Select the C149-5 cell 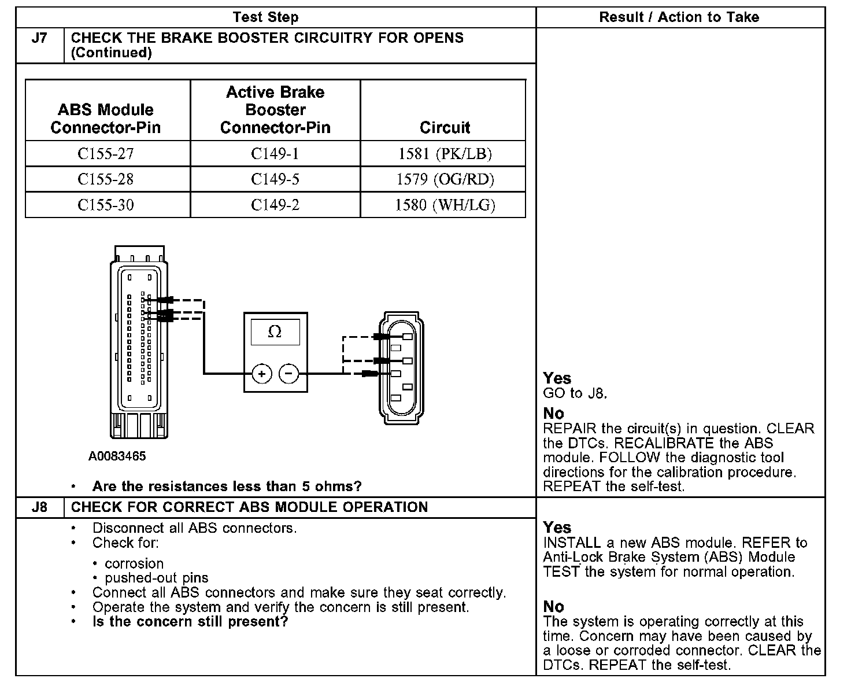[275, 179]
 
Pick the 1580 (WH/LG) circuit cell [445, 205]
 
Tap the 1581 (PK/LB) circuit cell [445, 154]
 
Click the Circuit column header [445, 127]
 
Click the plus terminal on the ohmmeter [262, 374]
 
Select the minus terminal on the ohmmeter [289, 374]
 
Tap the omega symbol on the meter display [275, 332]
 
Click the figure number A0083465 [117, 456]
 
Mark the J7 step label [39, 38]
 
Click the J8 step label [39, 507]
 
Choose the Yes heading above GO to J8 [557, 378]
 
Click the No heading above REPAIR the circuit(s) [553, 413]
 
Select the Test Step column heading [265, 17]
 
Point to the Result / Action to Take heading [679, 17]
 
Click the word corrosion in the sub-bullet [134, 563]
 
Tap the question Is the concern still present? [190, 622]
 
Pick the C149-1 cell [275, 154]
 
